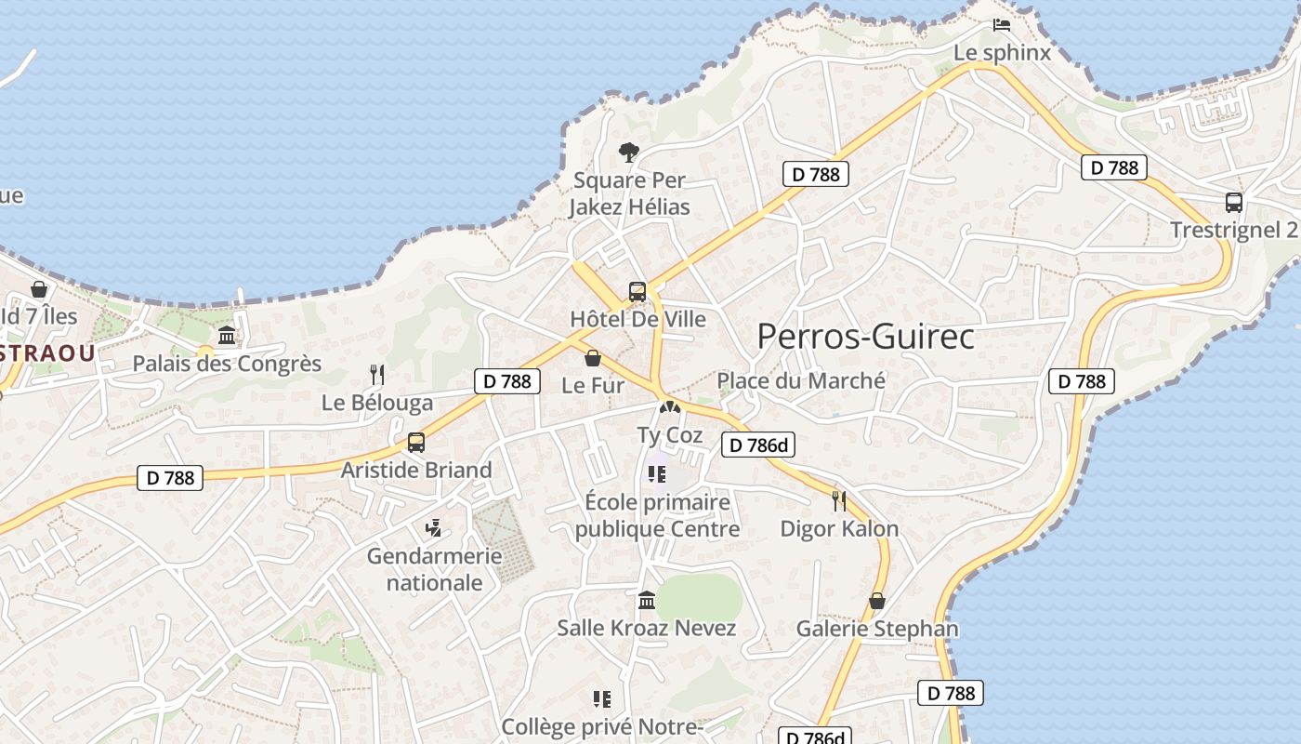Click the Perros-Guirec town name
click(x=865, y=336)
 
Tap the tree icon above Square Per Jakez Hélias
click(x=629, y=152)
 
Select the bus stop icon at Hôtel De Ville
click(x=637, y=291)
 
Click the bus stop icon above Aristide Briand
click(x=416, y=442)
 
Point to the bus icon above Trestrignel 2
click(x=1233, y=203)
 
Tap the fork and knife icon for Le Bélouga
click(x=377, y=374)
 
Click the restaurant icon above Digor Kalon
click(x=839, y=501)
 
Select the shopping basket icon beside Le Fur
click(x=593, y=358)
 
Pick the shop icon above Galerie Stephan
click(x=876, y=601)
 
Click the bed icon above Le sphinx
click(x=1001, y=25)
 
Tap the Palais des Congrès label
click(x=227, y=364)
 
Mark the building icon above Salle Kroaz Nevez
click(x=647, y=600)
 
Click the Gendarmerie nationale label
click(x=434, y=569)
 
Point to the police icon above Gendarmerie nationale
click(x=433, y=529)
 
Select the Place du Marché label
click(x=801, y=380)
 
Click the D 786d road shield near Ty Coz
click(x=758, y=445)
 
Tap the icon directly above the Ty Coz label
click(x=668, y=407)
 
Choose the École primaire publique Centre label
click(x=657, y=515)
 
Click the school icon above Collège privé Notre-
click(x=601, y=698)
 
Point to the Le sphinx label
click(x=1002, y=53)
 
